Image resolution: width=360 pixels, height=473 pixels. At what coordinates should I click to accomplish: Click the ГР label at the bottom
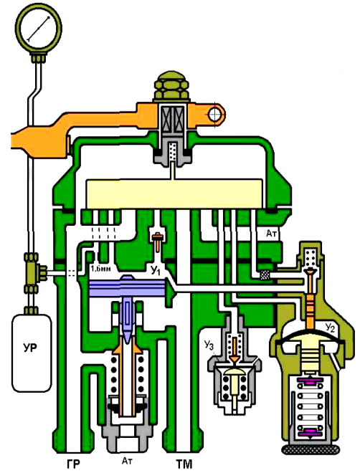pos(74,464)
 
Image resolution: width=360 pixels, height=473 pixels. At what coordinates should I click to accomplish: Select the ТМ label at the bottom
pos(184,464)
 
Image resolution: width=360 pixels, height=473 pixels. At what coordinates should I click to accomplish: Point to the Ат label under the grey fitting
pos(127,461)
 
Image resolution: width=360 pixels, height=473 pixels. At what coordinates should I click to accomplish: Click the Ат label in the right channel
pos(271,233)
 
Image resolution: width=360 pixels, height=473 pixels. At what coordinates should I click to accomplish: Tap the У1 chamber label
pos(156,271)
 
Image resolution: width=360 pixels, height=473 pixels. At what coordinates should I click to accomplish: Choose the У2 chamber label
pos(330,328)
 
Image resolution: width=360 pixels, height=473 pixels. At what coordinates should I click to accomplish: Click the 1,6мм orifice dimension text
pos(100,269)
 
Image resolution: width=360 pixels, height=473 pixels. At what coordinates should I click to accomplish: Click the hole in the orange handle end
pos(214,115)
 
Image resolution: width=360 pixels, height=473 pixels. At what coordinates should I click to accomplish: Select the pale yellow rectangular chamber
pos(174,193)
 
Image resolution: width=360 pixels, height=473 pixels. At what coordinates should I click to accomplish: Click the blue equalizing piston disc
pos(128,288)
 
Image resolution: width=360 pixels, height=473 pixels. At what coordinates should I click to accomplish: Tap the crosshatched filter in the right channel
pos(265,274)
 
